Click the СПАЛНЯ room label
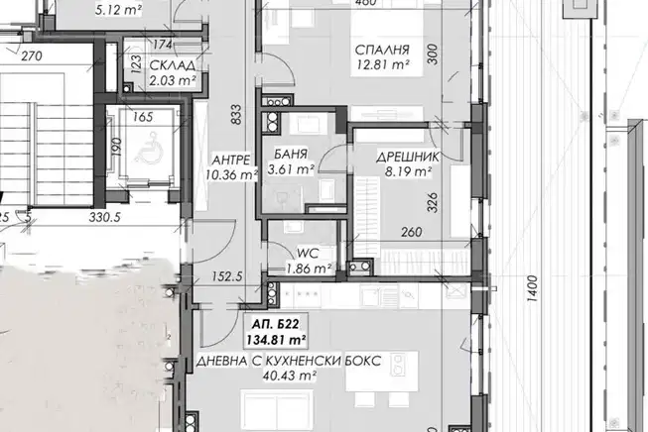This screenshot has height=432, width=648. pos(382,50)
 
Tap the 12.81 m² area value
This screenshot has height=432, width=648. pos(384,65)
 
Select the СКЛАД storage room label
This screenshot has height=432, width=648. pos(173,65)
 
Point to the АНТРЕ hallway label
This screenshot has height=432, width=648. pos(230,160)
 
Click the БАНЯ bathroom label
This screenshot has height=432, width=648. pos(291,154)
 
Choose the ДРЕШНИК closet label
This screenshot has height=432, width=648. pos(408,158)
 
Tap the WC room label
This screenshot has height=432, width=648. pos(308,254)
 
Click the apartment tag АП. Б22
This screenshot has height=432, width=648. pos(275,324)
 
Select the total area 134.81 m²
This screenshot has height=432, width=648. pos(276,340)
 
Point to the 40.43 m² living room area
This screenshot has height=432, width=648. pos(290,376)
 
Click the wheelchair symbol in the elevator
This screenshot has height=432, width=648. pos(146,148)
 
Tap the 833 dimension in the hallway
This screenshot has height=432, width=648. pos(235,114)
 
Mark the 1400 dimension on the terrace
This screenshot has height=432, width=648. pos(533,288)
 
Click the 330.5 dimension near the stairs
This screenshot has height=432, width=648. pos(105,217)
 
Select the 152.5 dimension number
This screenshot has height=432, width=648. pos(227,276)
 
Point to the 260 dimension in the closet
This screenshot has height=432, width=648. pos(412,232)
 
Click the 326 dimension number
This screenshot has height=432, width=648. pos(432,202)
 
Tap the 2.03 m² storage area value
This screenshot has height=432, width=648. pos(173,80)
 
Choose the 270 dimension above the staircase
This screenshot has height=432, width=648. pos(32,55)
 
